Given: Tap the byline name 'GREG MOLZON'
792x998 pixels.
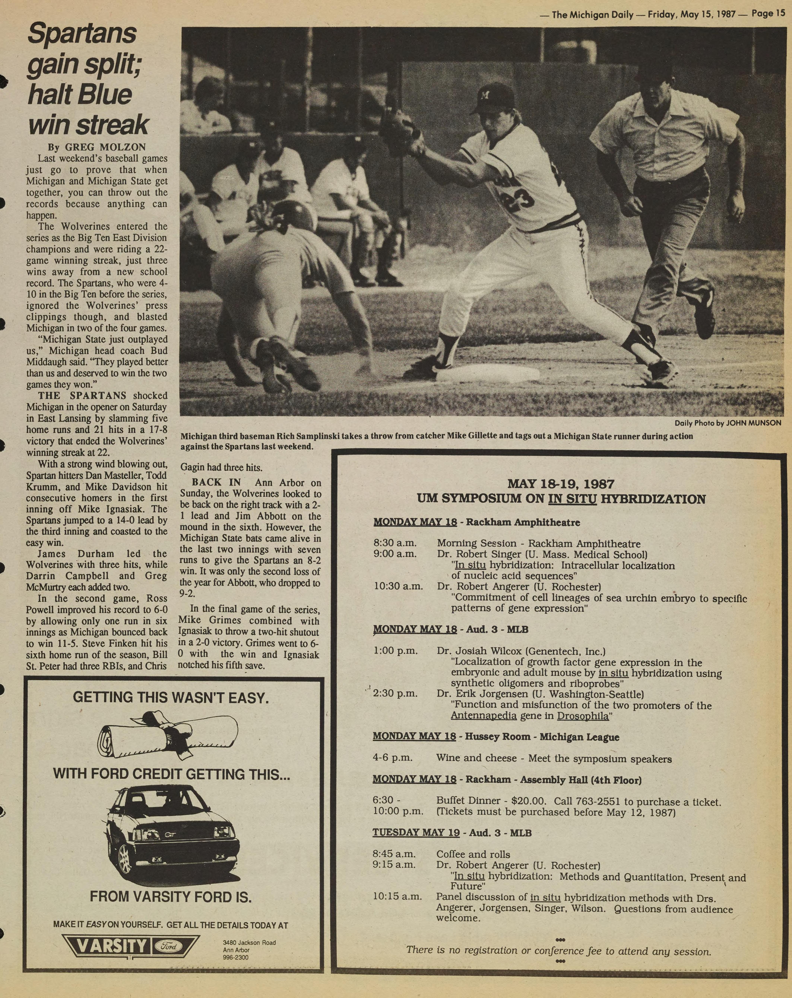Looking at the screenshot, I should (x=105, y=147).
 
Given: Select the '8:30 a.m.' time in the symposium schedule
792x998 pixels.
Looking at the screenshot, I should (x=395, y=543).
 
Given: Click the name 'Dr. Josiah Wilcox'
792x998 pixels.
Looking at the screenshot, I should (x=479, y=651).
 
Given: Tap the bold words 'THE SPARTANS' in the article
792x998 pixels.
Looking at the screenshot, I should (x=82, y=396).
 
